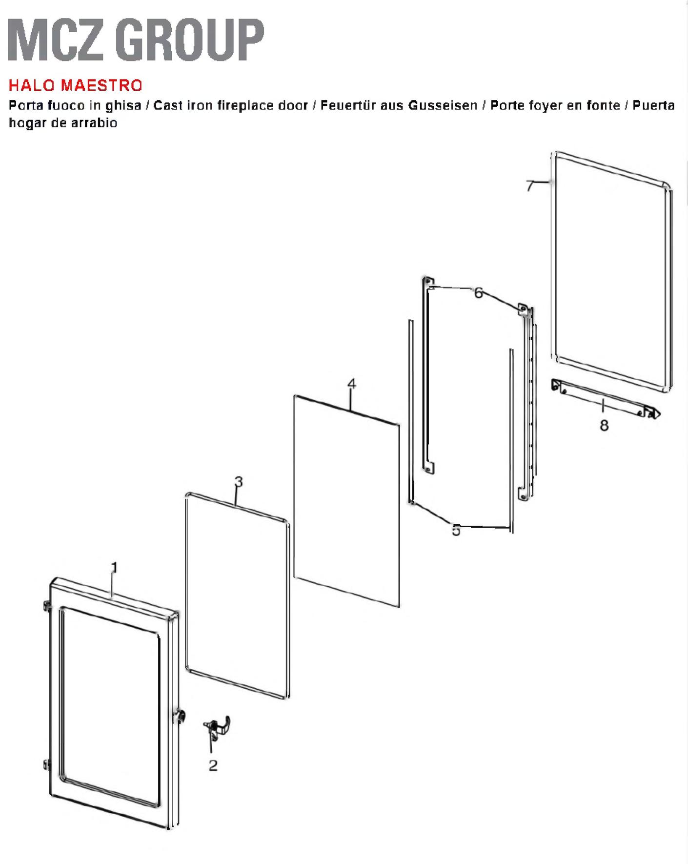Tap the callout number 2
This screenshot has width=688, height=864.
click(x=213, y=765)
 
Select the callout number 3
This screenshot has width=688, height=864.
click(x=239, y=482)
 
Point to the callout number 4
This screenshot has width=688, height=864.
click(x=352, y=384)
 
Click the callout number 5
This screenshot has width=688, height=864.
click(x=456, y=530)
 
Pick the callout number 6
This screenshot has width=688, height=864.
click(x=479, y=293)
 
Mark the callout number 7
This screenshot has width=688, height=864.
click(x=530, y=186)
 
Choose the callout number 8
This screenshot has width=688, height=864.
click(x=604, y=426)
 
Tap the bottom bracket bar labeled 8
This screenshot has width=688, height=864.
click(x=606, y=398)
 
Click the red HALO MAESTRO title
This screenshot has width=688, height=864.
click(x=76, y=85)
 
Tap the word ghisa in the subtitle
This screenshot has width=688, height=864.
click(x=123, y=106)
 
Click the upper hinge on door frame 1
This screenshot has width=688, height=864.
click(x=47, y=606)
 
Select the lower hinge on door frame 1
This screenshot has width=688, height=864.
click(x=47, y=765)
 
